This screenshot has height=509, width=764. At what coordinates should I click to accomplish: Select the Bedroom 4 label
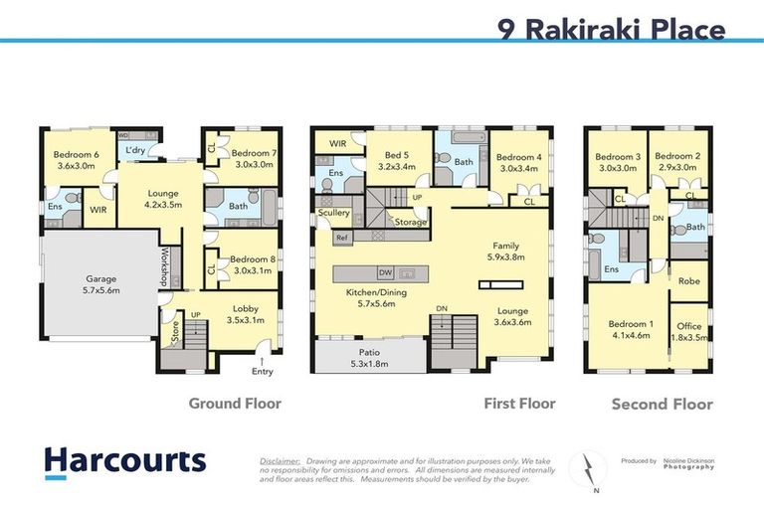coord(516,163)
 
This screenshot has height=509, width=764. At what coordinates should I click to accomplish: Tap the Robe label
coord(688,282)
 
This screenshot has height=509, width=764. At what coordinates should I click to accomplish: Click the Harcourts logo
coord(124,461)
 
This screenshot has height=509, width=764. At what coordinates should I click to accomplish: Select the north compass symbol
coord(588,466)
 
